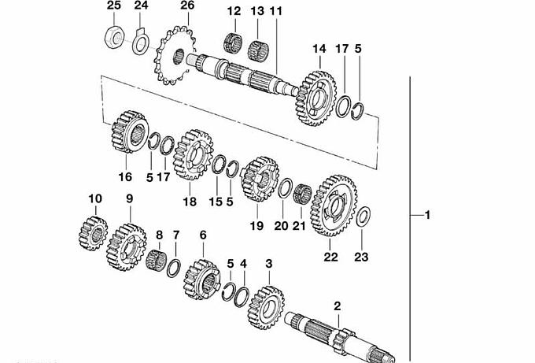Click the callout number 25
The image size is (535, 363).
click(x=113, y=6)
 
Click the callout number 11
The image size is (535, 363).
click(x=275, y=12)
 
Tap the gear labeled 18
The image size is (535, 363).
click(x=190, y=153)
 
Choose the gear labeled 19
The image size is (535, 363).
click(x=256, y=180)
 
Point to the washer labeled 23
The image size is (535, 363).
click(x=364, y=217)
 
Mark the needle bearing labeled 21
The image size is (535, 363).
click(x=303, y=196)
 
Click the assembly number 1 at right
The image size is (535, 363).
click(x=427, y=215)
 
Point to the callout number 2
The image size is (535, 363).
click(x=338, y=304)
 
